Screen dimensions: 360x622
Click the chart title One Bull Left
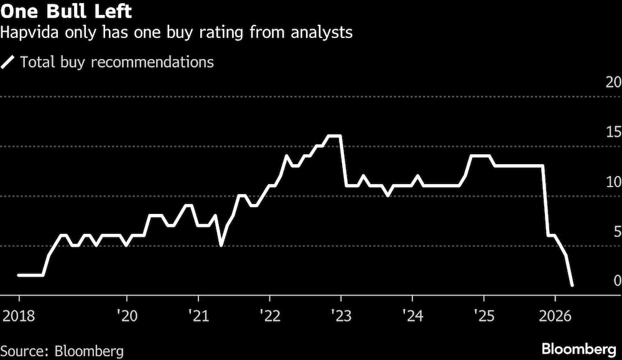[x=66, y=12]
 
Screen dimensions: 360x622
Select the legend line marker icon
[x=8, y=62]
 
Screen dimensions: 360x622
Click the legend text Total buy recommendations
[x=117, y=62]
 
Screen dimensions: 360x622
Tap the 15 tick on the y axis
[x=613, y=132]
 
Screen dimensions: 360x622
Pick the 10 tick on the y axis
[x=613, y=182]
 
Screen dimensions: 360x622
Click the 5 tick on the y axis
[x=616, y=231]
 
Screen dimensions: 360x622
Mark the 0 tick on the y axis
[x=616, y=280]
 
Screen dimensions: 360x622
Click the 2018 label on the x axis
[x=19, y=315]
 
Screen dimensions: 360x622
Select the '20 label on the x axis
[x=126, y=315]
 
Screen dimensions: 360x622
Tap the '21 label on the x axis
[x=198, y=315]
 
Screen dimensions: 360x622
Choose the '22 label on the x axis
[x=269, y=315]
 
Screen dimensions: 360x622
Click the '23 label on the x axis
[x=341, y=315]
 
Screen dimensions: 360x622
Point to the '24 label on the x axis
[x=412, y=315]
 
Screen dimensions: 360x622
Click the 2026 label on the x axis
[x=556, y=315]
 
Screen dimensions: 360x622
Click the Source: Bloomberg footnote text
[x=62, y=350]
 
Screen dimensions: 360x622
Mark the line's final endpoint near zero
[x=572, y=285]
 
